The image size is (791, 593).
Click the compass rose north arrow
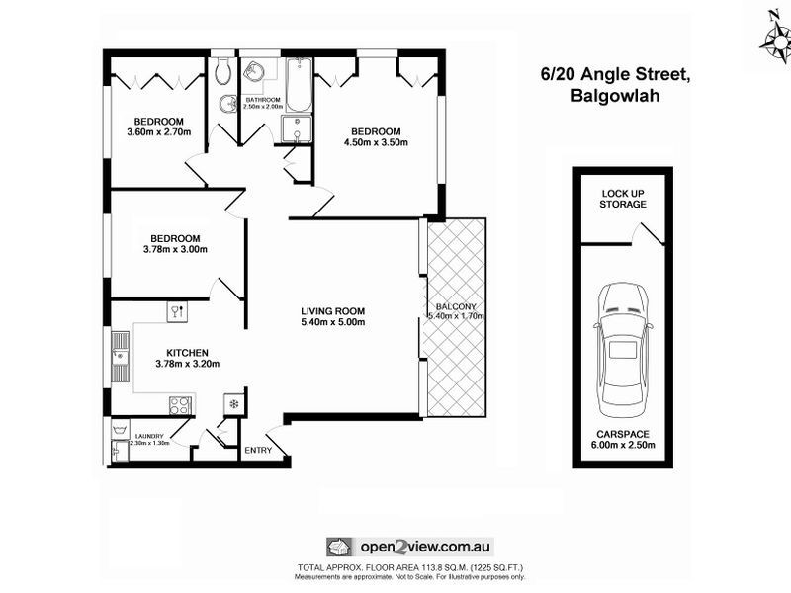pyautogui.click(x=775, y=37)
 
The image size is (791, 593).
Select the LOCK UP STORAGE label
pyautogui.click(x=623, y=198)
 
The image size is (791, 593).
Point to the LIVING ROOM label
pyautogui.click(x=333, y=313)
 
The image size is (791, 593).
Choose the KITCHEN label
pyautogui.click(x=187, y=352)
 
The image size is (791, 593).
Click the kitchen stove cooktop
pyautogui.click(x=180, y=404)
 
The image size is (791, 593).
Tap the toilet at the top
pyautogui.click(x=223, y=70)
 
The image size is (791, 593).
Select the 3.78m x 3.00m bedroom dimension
pyautogui.click(x=175, y=250)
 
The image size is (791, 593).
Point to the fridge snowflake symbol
pyautogui.click(x=234, y=403)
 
